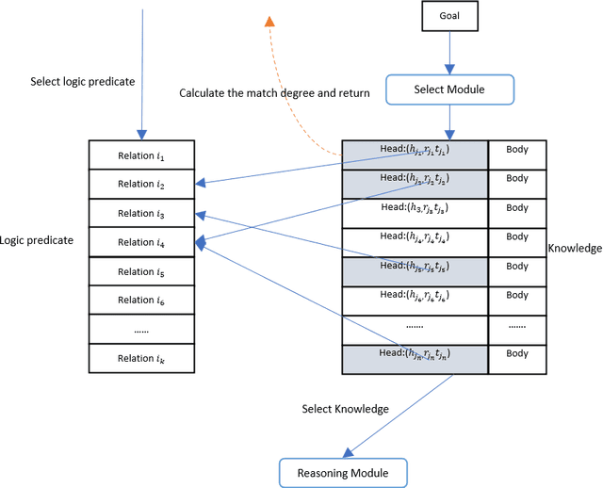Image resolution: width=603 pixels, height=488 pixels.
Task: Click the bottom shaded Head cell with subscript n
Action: [415, 357]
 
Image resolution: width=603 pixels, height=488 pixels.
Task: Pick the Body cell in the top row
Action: [517, 151]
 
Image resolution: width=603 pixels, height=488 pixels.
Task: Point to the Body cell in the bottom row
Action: [517, 354]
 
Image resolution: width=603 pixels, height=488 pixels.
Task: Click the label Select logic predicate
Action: [83, 81]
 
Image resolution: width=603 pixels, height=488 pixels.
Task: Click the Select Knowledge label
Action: [345, 409]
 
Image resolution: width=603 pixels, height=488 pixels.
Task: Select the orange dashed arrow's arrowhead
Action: [269, 22]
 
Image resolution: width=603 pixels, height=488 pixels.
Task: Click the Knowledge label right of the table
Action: [575, 249]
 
